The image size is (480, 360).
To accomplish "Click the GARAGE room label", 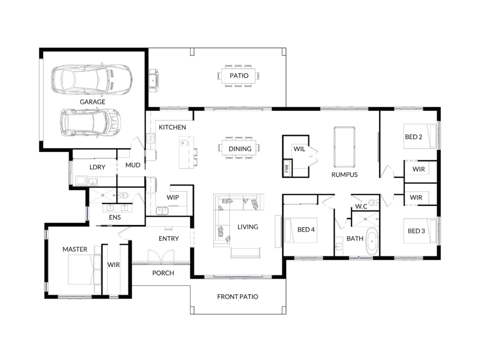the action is pos(92,102).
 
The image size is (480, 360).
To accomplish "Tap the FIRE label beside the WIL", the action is pos(287,168).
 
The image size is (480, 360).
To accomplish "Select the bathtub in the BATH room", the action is pos(372,241).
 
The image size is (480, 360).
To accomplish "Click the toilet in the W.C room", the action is pos(374,202).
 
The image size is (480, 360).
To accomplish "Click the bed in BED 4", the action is pos(300,230).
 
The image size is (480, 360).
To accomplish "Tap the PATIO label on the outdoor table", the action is pos(239,75).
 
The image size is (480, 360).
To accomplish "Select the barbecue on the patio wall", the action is pos(154,80).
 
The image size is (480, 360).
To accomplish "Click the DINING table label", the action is pos(240,149).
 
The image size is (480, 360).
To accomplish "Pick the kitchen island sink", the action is pos(184,142).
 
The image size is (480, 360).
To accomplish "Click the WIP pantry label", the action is pos(172,197).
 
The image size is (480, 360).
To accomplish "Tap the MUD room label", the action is pos(133,165).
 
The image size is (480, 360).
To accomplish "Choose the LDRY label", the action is pos(97,167).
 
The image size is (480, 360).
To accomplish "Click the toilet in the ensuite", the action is pos(123,195).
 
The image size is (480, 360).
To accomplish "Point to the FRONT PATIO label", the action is pos(238,297).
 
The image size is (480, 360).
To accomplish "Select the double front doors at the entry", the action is pos(161,256).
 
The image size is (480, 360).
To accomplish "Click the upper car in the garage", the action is pos(92,79).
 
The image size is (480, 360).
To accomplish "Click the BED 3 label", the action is pos(416,231).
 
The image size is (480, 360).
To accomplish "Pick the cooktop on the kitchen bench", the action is pos(150,138).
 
